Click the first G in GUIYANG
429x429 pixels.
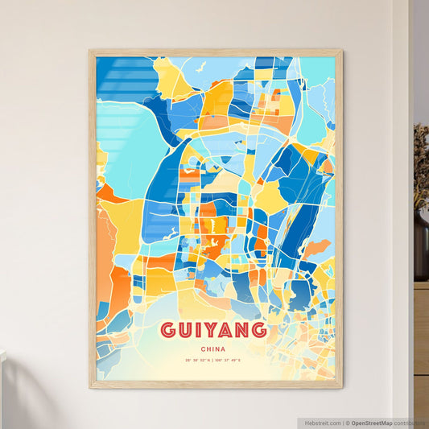(168, 331)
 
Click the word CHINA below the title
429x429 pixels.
(214, 349)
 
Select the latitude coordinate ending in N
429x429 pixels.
(197, 361)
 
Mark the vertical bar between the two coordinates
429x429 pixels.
(214, 361)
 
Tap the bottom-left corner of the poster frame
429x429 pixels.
(90, 387)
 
